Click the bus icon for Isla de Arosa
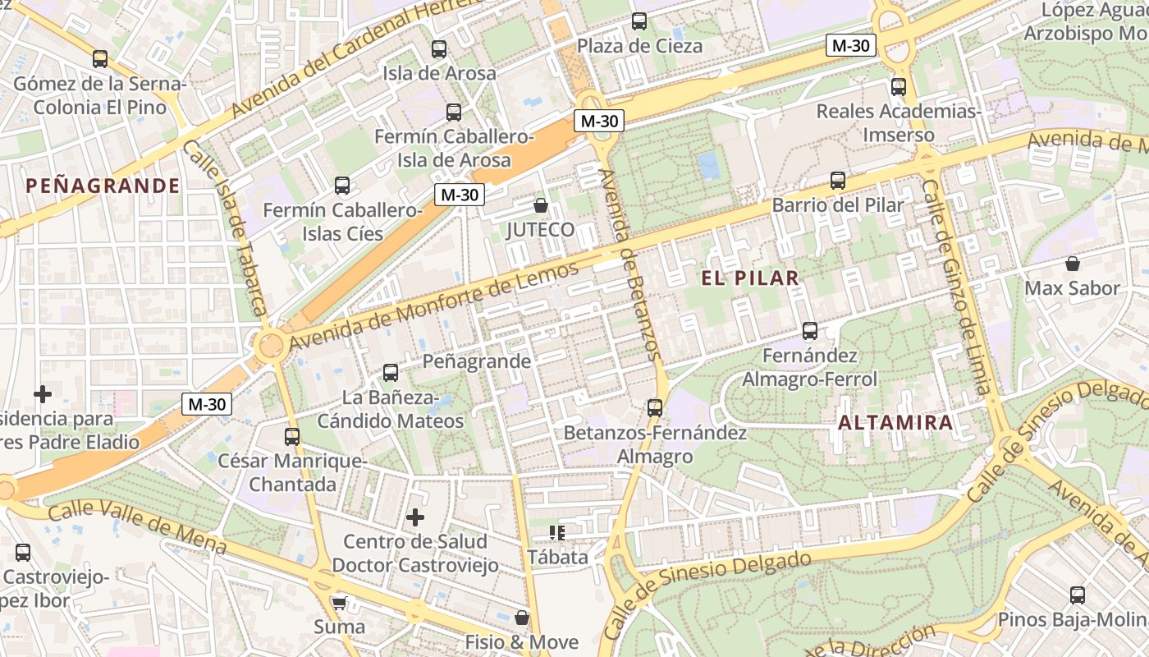(439, 49)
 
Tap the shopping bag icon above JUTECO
(540, 205)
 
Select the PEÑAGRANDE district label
(103, 186)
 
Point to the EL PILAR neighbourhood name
(750, 278)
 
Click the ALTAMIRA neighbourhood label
(895, 423)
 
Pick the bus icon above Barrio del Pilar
(837, 181)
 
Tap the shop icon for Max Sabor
(1072, 264)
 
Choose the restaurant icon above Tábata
(557, 533)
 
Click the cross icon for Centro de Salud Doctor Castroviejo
(415, 517)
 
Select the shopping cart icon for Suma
(339, 603)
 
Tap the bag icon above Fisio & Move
(521, 618)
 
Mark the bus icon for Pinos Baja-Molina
(1077, 595)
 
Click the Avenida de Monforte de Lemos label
(433, 303)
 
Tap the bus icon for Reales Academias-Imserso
(899, 86)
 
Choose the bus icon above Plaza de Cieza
(639, 21)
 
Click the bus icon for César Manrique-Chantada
(291, 436)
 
